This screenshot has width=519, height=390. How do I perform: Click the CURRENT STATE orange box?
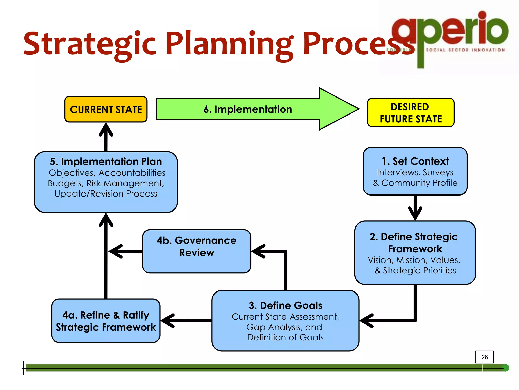pyautogui.click(x=106, y=109)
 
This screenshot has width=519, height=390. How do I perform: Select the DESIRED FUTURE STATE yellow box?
pyautogui.click(x=411, y=112)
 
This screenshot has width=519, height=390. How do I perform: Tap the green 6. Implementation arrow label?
pyautogui.click(x=248, y=109)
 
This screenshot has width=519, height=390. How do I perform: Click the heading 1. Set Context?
pyautogui.click(x=415, y=161)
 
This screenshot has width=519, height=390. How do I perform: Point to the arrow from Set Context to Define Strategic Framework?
pyautogui.click(x=415, y=208)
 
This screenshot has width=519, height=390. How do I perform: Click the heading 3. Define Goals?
pyautogui.click(x=285, y=305)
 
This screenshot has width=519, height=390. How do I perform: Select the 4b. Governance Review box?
pyautogui.click(x=197, y=251)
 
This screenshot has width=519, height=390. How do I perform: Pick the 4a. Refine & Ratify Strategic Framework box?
pyautogui.click(x=106, y=321)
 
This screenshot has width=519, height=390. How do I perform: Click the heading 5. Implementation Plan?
pyautogui.click(x=106, y=161)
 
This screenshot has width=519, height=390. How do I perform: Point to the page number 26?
pyautogui.click(x=484, y=357)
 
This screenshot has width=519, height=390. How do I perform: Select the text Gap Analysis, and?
pyautogui.click(x=284, y=327)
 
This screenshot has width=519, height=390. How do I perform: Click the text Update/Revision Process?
pyautogui.click(x=106, y=194)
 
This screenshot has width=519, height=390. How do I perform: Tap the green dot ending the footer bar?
pyautogui.click(x=505, y=368)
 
